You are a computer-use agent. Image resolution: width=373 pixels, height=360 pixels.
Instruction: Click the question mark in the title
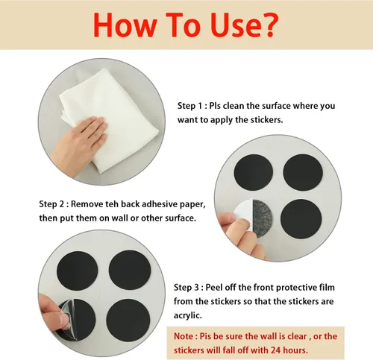click(x=269, y=25)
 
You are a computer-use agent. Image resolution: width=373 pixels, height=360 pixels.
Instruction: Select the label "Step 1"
click(x=190, y=106)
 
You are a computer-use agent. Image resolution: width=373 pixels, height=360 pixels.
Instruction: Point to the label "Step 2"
click(x=52, y=204)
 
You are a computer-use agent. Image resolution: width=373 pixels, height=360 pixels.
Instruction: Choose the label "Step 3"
click(x=186, y=288)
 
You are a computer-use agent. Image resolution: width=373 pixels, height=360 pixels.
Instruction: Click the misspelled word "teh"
click(x=112, y=204)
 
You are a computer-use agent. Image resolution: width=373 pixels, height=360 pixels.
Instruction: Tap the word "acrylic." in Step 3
click(x=188, y=316)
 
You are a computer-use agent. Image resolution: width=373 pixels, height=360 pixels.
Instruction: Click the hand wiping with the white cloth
click(x=79, y=145)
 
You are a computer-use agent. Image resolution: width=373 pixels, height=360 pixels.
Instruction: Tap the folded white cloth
click(x=110, y=119)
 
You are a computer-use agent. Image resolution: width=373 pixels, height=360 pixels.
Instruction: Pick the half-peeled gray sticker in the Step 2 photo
click(x=263, y=218)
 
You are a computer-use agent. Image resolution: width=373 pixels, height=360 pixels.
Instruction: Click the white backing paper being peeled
click(x=244, y=209)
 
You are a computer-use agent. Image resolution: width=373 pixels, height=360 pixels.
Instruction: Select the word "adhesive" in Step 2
click(x=159, y=204)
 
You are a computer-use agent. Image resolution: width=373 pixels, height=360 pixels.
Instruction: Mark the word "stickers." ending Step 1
click(x=267, y=120)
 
